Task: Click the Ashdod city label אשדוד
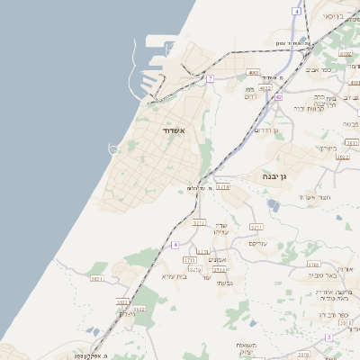pyautogui.click(x=174, y=131)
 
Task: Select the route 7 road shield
pyautogui.click(x=210, y=79)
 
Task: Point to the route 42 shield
pyautogui.click(x=279, y=96)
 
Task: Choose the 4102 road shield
pyautogui.click(x=265, y=88)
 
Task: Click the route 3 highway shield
pyautogui.click(x=328, y=337)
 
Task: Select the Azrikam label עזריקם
pyautogui.click(x=257, y=243)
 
